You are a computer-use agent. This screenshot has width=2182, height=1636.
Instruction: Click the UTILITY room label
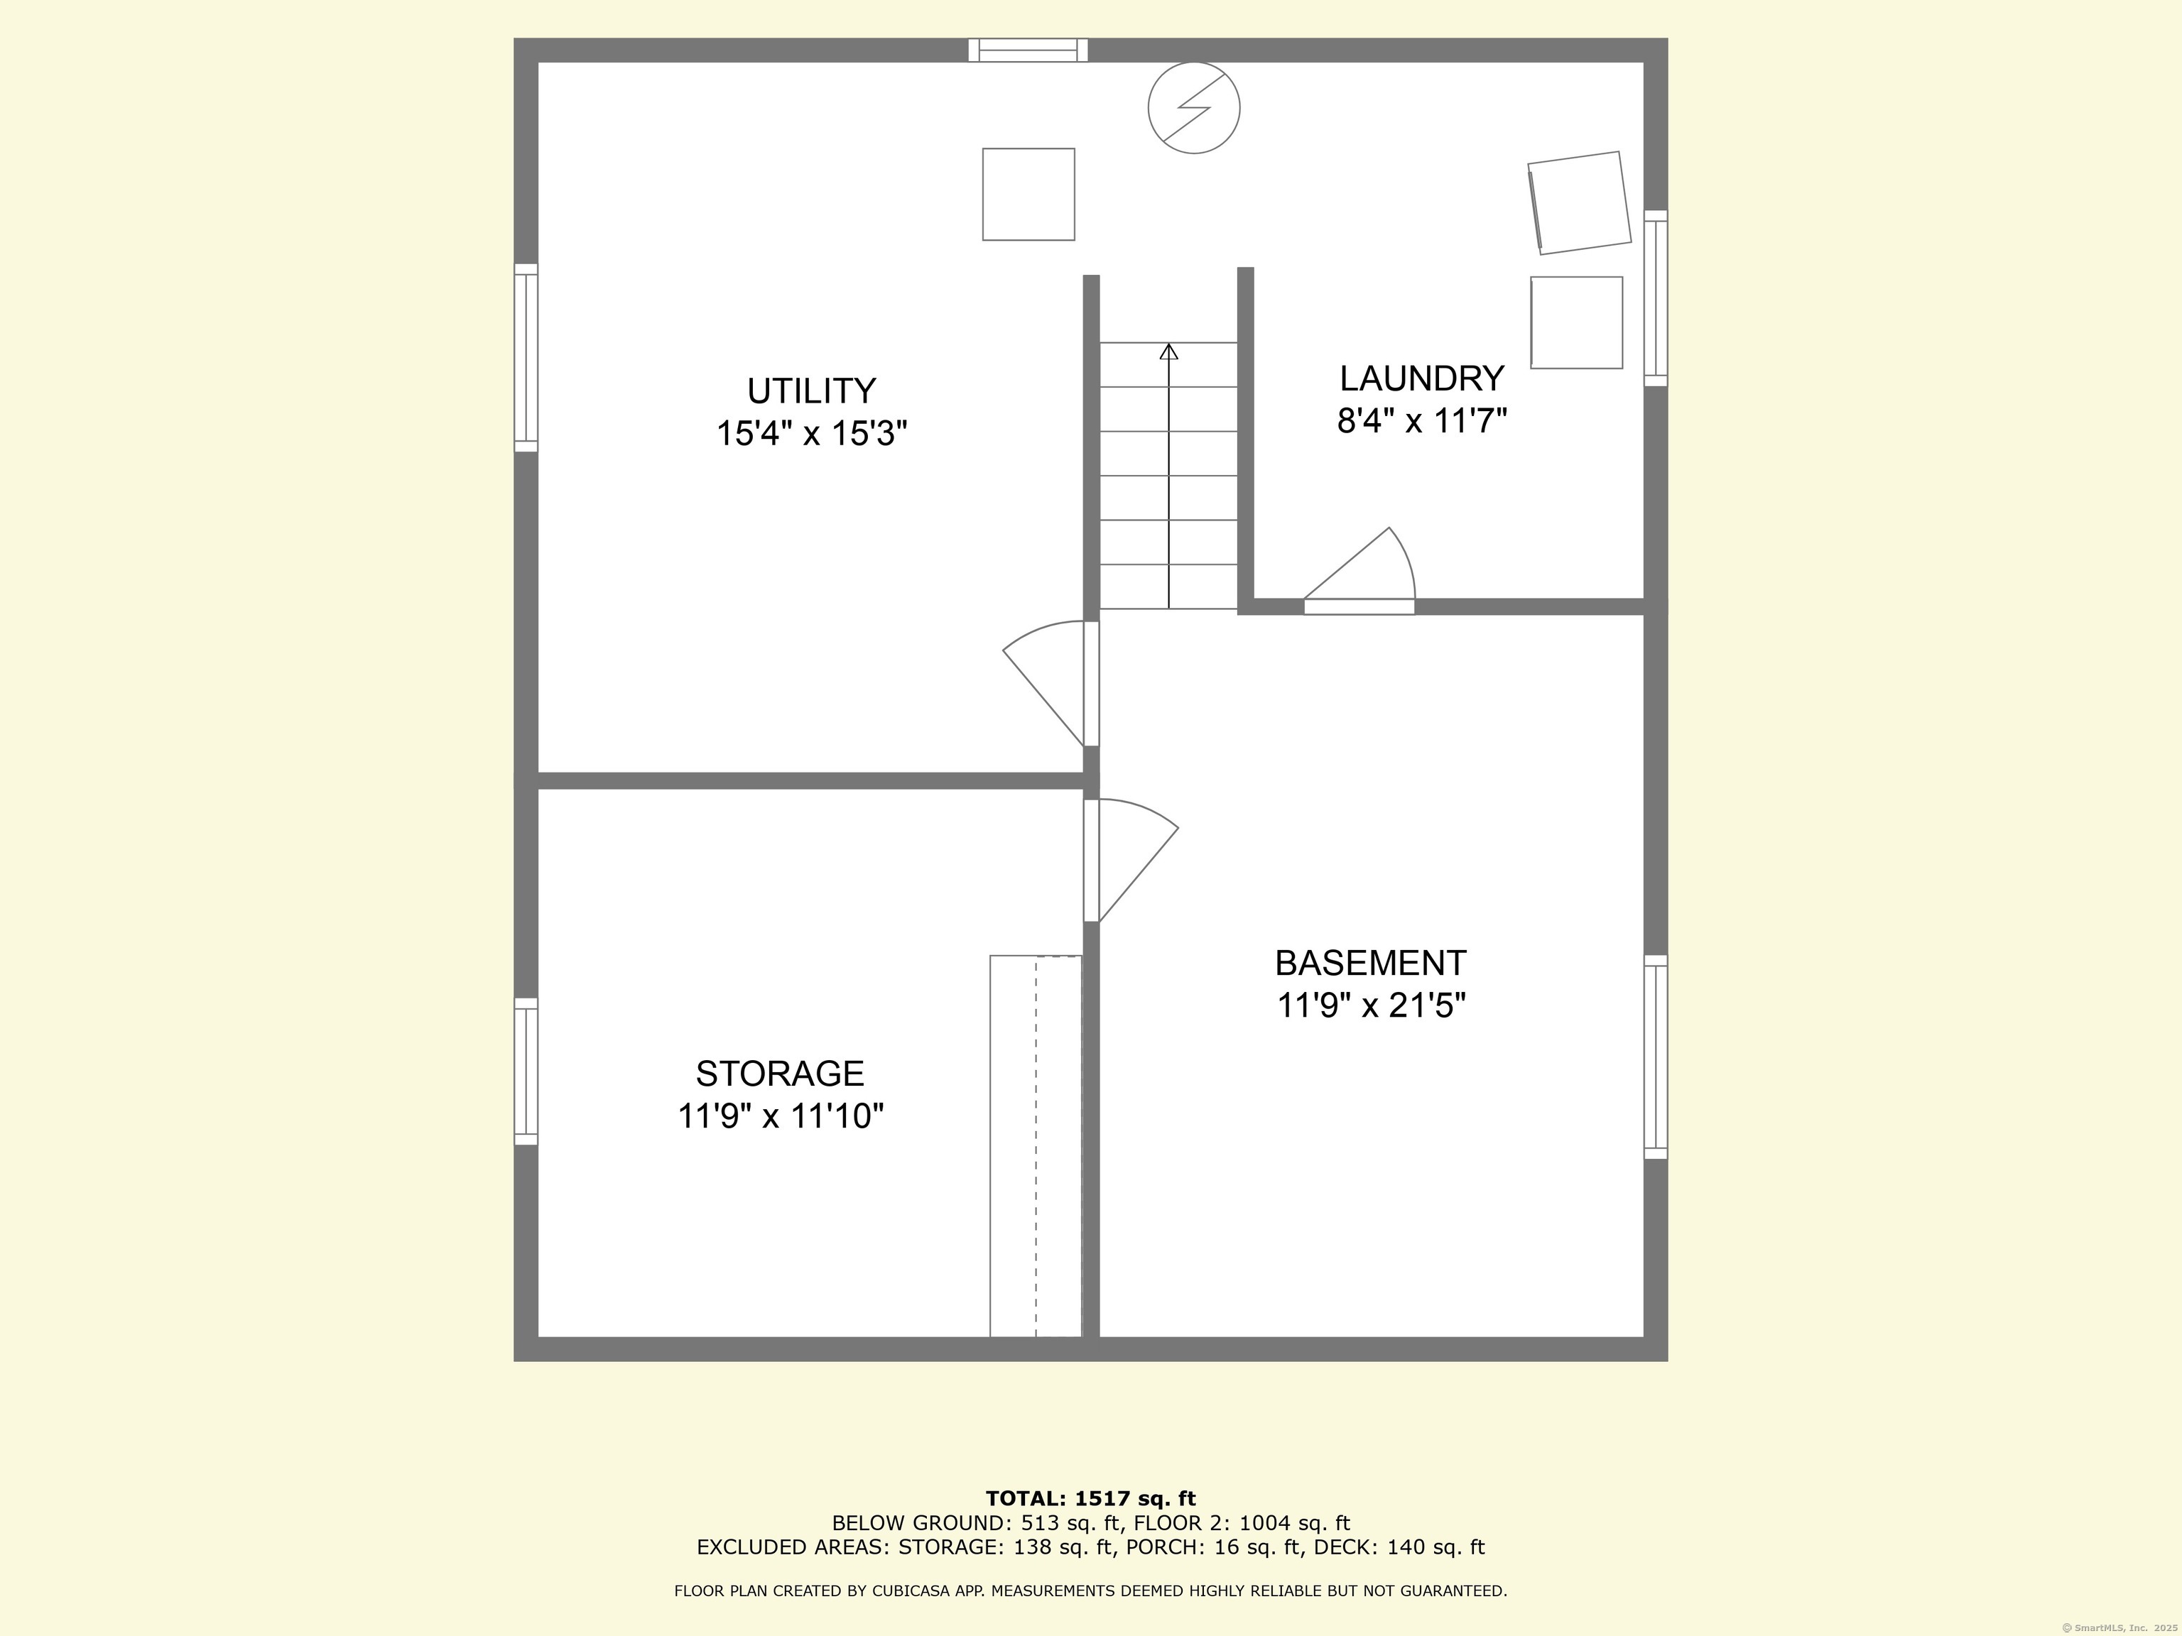coord(811,391)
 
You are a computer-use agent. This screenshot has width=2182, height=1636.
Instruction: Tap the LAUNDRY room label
coord(1421,378)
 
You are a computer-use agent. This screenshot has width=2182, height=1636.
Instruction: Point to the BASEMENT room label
coord(1370,962)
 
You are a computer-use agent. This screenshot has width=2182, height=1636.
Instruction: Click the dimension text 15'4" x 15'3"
coord(811,434)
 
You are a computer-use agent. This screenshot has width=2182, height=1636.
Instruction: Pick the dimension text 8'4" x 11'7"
coord(1421,422)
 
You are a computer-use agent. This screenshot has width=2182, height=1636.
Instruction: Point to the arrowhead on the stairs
coord(1169,351)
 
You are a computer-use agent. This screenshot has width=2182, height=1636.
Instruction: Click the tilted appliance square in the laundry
coord(1579,202)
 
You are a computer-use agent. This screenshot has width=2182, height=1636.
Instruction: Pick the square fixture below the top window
coord(1028,195)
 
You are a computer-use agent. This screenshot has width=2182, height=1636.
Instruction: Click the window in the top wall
coord(1028,50)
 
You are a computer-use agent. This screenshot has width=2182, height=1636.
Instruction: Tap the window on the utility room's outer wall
coord(526,358)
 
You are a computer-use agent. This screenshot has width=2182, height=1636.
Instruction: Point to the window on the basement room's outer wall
coord(1655,1056)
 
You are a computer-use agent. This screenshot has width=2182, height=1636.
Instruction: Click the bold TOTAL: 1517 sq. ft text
coord(1090,1499)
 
